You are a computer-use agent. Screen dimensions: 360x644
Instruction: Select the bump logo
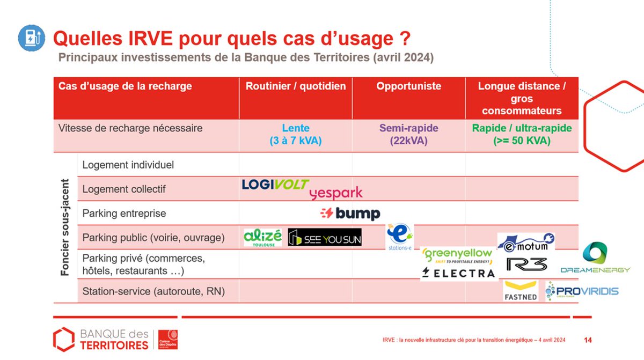350,214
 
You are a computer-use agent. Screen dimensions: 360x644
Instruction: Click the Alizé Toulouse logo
262,237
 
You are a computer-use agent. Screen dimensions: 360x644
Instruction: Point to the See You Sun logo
325,237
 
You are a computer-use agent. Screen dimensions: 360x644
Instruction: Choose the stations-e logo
399,238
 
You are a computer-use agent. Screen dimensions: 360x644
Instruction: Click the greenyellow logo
457,255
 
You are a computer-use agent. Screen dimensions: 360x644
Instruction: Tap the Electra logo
458,273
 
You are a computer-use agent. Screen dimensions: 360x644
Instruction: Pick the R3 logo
526,264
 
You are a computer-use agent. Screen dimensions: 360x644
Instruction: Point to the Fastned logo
520,291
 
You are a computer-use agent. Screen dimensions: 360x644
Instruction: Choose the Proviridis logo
582,291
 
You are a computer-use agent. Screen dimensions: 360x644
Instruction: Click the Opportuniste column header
408,86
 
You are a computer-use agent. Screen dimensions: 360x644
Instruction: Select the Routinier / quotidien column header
296,86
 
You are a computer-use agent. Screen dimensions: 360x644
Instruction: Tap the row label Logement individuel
128,165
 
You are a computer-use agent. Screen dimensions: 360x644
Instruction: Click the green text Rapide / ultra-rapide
522,129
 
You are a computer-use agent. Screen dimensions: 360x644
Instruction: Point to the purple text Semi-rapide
408,129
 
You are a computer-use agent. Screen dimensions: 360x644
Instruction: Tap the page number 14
588,340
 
